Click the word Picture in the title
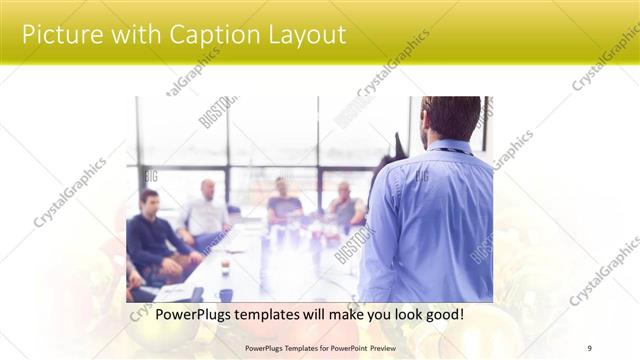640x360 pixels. point(58,35)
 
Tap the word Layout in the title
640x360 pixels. point(303,35)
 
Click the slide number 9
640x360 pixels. point(590,347)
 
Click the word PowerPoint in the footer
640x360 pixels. point(347,347)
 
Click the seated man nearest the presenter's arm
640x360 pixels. point(346,208)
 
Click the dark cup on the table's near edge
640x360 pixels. point(226,294)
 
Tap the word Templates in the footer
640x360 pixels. point(298,347)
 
